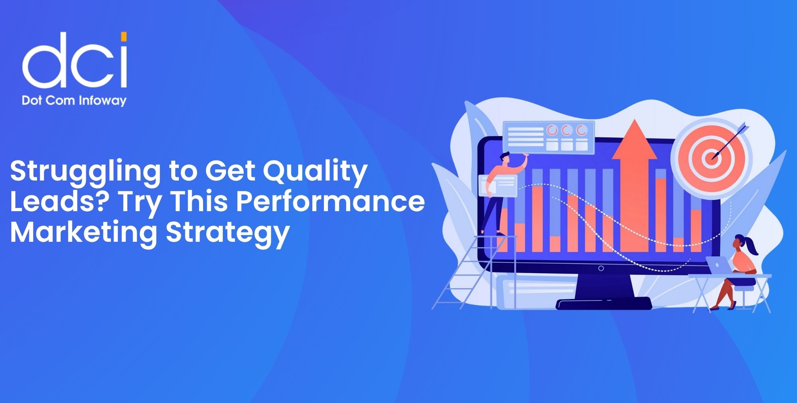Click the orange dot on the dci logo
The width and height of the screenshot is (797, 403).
click(x=124, y=37)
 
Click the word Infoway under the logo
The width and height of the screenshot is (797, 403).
click(x=102, y=100)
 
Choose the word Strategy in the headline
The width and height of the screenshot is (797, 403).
click(x=228, y=233)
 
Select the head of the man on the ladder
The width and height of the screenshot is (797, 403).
click(x=505, y=158)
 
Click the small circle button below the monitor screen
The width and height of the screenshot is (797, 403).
click(x=601, y=268)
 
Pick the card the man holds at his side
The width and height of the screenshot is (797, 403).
click(x=498, y=186)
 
